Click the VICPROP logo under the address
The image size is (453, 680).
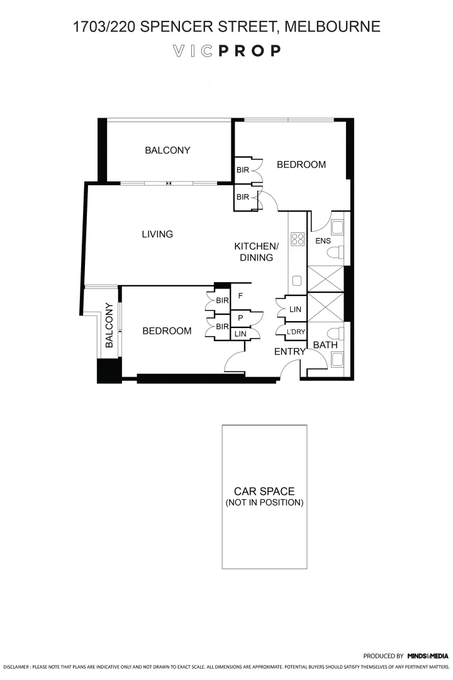pyautogui.click(x=226, y=51)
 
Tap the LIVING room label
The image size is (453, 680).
pyautogui.click(x=157, y=234)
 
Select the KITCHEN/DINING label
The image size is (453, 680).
pyautogui.click(x=256, y=251)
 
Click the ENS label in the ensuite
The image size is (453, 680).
pyautogui.click(x=323, y=241)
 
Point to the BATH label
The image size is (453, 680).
pyautogui.click(x=325, y=345)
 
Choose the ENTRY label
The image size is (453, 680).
pyautogui.click(x=289, y=352)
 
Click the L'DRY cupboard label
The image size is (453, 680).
pyautogui.click(x=296, y=332)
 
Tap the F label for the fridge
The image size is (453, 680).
pyautogui.click(x=240, y=295)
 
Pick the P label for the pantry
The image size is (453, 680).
pyautogui.click(x=240, y=318)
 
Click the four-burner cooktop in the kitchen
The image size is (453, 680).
pyautogui.click(x=297, y=239)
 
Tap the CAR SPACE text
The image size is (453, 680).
pyautogui.click(x=264, y=491)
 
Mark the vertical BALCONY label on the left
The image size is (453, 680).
pyautogui.click(x=109, y=325)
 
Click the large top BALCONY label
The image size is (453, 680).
pyautogui.click(x=167, y=150)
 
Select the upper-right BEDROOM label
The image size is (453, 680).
pyautogui.click(x=301, y=165)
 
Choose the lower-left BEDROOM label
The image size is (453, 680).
pyautogui.click(x=167, y=331)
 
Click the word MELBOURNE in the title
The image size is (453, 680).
pyautogui.click(x=333, y=26)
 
